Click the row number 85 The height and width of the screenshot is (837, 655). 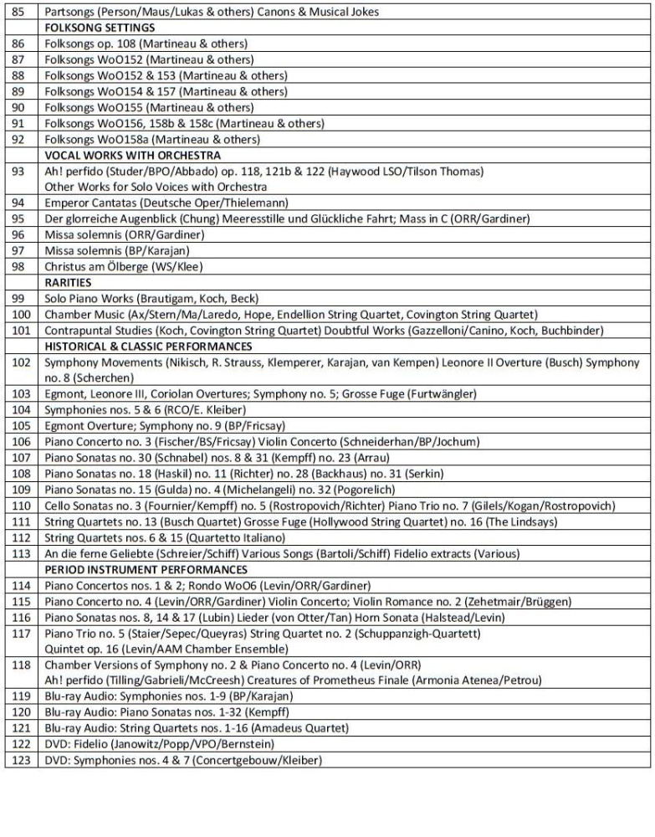point(21,12)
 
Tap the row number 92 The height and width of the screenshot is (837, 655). point(21,139)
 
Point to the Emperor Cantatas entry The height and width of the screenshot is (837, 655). point(166,203)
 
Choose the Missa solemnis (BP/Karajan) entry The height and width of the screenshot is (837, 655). point(117,250)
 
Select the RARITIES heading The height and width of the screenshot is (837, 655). point(68,282)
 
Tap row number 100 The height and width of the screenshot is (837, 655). point(21,314)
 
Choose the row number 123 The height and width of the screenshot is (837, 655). point(21,759)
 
